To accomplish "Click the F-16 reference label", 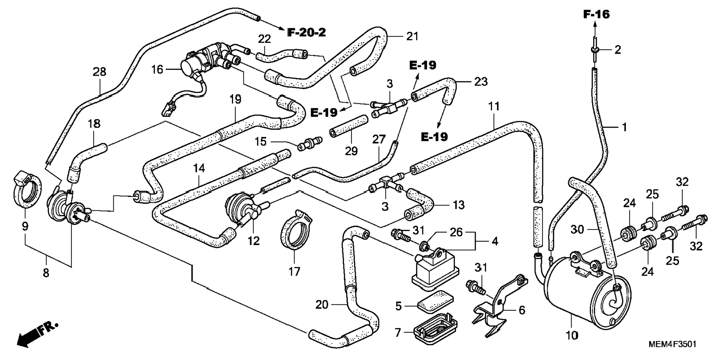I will tap(596, 15).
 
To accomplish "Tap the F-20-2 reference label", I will tap(306, 32).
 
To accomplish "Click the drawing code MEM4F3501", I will tap(672, 344).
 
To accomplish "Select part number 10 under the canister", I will tap(572, 335).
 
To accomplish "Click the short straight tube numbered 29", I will tap(348, 127).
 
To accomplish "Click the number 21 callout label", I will tap(412, 37).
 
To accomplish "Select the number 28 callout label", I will tap(99, 72).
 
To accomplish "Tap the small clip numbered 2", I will tap(595, 49).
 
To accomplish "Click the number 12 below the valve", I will tap(254, 241).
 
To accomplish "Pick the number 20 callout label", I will tap(322, 305).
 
